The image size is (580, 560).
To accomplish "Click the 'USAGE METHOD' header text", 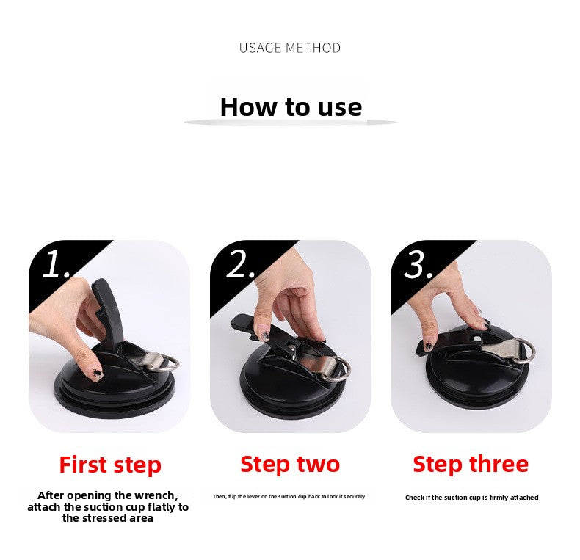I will pyautogui.click(x=290, y=48).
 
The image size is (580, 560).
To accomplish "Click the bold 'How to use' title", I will pyautogui.click(x=291, y=107).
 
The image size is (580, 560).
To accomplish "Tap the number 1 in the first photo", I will pyautogui.click(x=55, y=265).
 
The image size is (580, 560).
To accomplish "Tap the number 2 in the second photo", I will pyautogui.click(x=240, y=264).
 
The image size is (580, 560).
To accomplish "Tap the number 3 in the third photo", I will pyautogui.click(x=418, y=265).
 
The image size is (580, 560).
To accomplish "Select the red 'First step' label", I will pyautogui.click(x=110, y=465).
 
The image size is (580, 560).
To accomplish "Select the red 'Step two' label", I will pyautogui.click(x=290, y=464).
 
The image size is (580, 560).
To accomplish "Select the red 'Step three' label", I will pyautogui.click(x=470, y=464).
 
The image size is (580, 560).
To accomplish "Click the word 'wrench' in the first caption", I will pyautogui.click(x=156, y=495).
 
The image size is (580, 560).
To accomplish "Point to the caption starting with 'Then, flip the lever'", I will pyautogui.click(x=289, y=497).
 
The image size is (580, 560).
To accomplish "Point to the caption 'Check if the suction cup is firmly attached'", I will pyautogui.click(x=471, y=498).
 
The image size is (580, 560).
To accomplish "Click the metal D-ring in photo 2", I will pyautogui.click(x=340, y=366).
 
